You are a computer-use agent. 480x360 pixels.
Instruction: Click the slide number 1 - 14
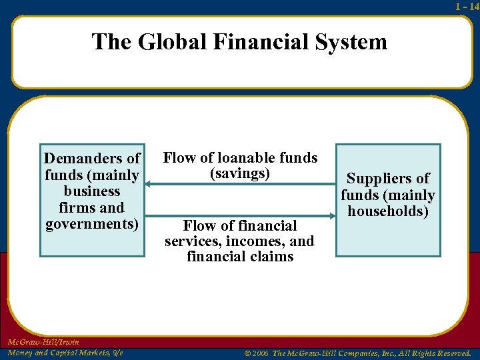(467, 6)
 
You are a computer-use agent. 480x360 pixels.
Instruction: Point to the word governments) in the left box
(92, 223)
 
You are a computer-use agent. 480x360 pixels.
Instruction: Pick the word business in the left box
(92, 191)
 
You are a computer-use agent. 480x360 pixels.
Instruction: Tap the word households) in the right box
(388, 211)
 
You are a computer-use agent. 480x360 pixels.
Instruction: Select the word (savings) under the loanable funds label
(240, 173)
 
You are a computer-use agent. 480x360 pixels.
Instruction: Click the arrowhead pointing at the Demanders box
(149, 183)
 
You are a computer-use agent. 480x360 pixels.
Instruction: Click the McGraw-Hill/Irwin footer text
(43, 342)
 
